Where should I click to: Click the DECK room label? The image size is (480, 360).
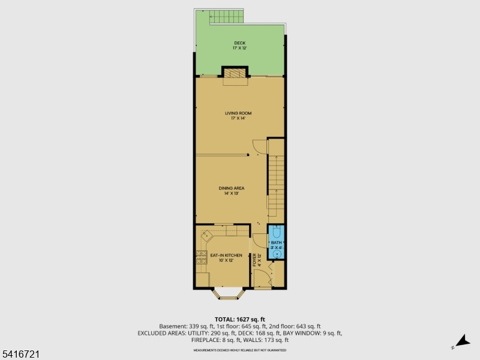pyautogui.click(x=240, y=43)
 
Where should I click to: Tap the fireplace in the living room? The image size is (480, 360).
pyautogui.click(x=235, y=73)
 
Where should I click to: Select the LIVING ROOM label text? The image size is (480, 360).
pyautogui.click(x=238, y=113)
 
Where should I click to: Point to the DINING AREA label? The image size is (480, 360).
pyautogui.click(x=231, y=188)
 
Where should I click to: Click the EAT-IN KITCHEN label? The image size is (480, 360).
pyautogui.click(x=226, y=256)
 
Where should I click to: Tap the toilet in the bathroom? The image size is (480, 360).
pyautogui.click(x=277, y=232)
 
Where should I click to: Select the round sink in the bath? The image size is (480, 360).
pyautogui.click(x=277, y=253)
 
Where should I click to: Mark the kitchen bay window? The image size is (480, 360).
pyautogui.click(x=228, y=294)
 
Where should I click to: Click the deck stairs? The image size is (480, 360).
pyautogui.click(x=227, y=17)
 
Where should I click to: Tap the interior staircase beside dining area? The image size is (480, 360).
pyautogui.click(x=275, y=180)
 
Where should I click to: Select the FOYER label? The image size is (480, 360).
pyautogui.click(x=254, y=259)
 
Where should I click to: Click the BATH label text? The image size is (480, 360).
pyautogui.click(x=275, y=242)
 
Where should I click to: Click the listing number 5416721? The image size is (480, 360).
pyautogui.click(x=20, y=355)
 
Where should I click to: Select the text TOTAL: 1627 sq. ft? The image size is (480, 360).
pyautogui.click(x=239, y=319)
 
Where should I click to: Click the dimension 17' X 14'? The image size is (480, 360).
pyautogui.click(x=238, y=118)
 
